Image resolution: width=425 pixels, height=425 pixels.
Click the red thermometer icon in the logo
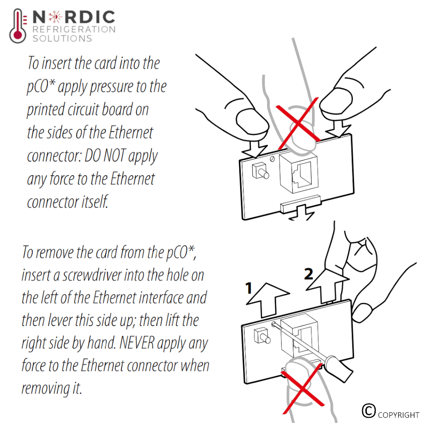pyautogui.click(x=18, y=26)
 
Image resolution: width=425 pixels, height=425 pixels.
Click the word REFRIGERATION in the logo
pyautogui.click(x=74, y=29)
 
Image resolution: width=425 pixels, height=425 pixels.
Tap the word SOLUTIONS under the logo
pyautogui.click(x=62, y=39)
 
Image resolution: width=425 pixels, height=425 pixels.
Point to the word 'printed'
pyautogui.click(x=46, y=110)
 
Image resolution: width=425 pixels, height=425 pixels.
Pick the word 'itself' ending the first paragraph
pyautogui.click(x=95, y=202)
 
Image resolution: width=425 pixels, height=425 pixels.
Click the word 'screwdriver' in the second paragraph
pyautogui.click(x=92, y=275)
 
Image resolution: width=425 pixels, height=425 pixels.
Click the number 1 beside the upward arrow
pyautogui.click(x=249, y=289)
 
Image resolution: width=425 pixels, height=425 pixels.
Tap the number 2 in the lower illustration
pyautogui.click(x=309, y=274)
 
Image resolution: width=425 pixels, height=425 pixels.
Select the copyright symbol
pyautogui.click(x=368, y=411)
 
